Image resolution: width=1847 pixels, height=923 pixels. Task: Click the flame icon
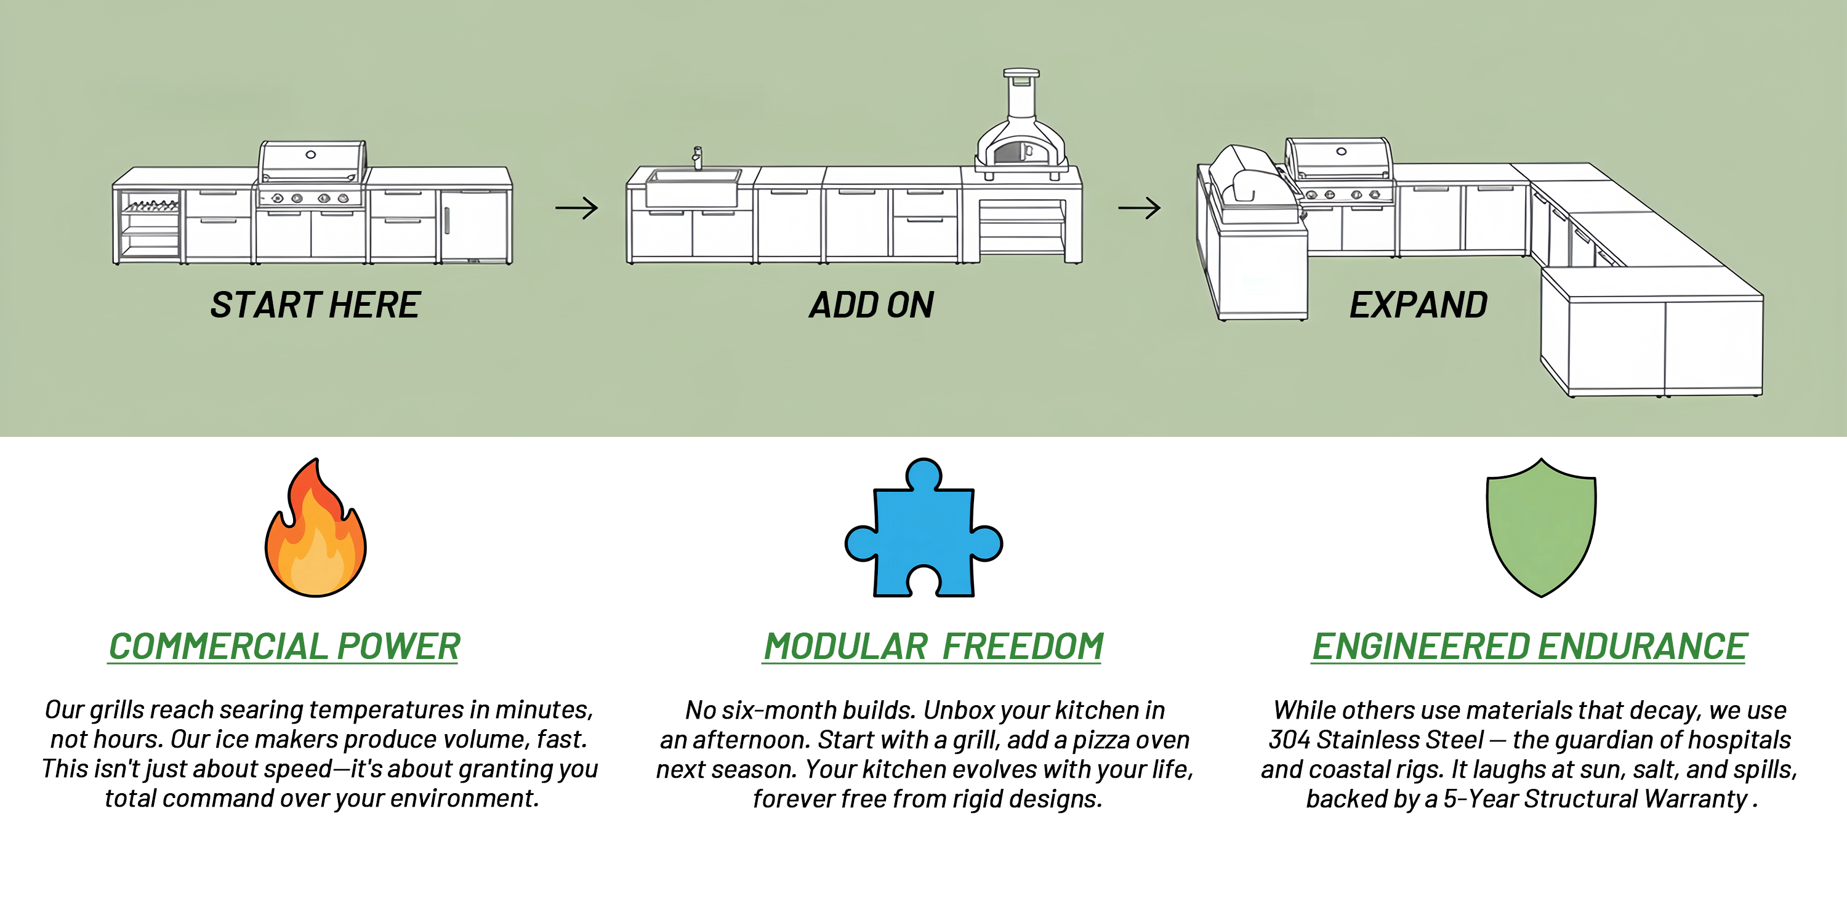coord(315,530)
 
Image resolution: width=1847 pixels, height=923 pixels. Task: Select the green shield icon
coord(1542,529)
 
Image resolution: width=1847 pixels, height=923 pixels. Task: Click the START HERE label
coord(315,305)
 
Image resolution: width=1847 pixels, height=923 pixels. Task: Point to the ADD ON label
coord(871,305)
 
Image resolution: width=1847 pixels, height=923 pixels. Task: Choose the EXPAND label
coord(1418,305)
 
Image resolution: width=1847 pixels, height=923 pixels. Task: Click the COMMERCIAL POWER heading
coord(284,646)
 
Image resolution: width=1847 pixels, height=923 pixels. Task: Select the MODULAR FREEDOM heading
coord(933,646)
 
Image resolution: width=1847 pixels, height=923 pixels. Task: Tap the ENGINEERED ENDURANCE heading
coord(1529,646)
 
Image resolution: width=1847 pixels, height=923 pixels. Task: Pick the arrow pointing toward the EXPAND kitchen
coord(1140,208)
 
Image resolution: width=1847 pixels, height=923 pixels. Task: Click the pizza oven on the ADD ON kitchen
coord(1021,143)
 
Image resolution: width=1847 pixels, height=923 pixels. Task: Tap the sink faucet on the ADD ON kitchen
coord(697,158)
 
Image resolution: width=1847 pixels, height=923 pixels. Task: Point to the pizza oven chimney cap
coord(1021,73)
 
